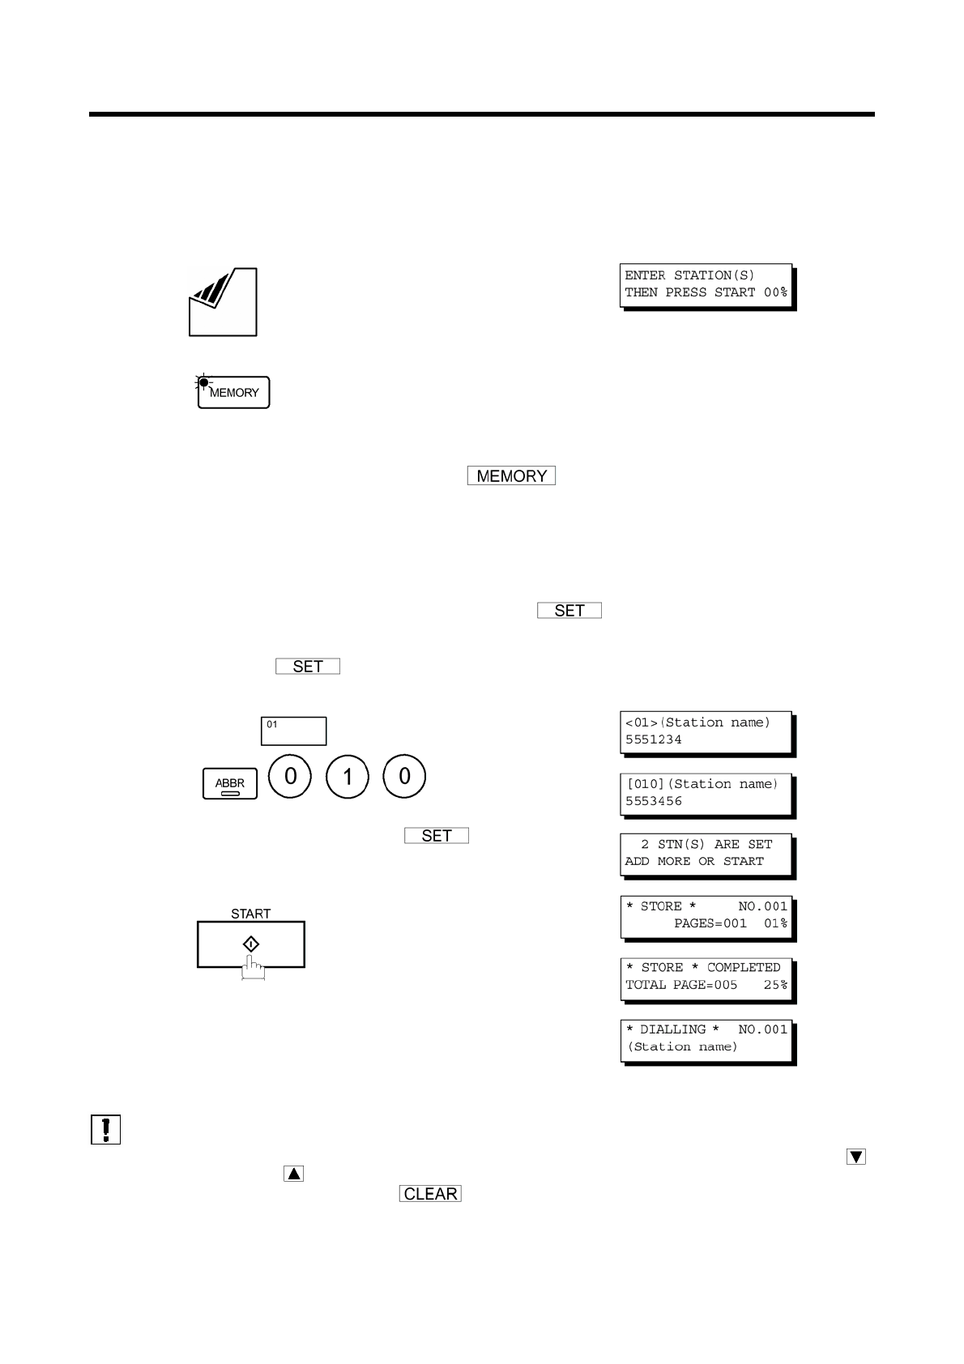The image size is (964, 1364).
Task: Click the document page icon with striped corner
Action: coord(223,302)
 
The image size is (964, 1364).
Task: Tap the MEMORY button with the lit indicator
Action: coord(233,393)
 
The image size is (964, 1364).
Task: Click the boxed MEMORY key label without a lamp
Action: coord(511,476)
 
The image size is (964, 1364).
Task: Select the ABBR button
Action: coord(230,783)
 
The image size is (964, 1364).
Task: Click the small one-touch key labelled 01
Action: coord(293,731)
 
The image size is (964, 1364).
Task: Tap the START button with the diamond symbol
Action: coord(251,944)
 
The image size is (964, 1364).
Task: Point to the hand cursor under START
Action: coord(253,969)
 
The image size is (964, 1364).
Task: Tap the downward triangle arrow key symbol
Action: coord(856,1157)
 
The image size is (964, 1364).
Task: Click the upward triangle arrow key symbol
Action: coord(294,1173)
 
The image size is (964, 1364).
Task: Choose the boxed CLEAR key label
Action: coord(430,1194)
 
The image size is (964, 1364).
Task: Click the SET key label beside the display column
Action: coord(437,836)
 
